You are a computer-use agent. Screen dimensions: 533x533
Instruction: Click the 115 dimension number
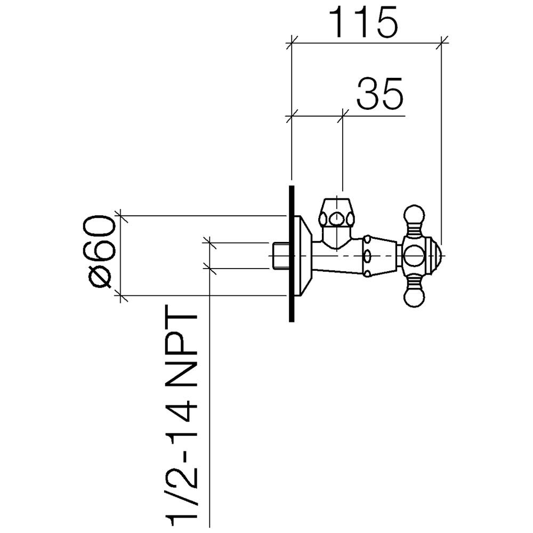click(362, 22)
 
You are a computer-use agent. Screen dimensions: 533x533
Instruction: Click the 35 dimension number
click(380, 93)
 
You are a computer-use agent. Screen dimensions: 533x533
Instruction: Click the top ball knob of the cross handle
click(414, 214)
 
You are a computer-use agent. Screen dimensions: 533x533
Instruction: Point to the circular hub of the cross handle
click(414, 256)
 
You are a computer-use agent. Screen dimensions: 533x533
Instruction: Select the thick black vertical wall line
click(292, 254)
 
